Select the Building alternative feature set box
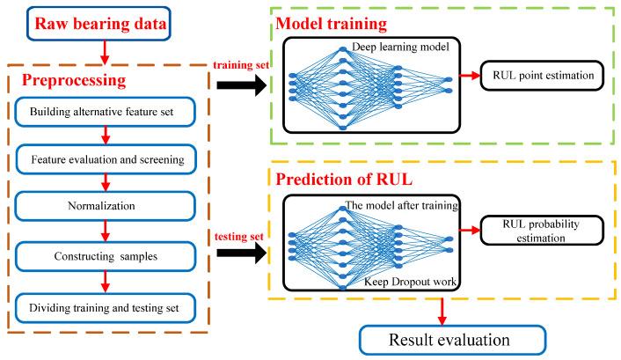click(106, 114)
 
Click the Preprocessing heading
click(83, 79)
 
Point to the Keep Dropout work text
click(401, 280)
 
